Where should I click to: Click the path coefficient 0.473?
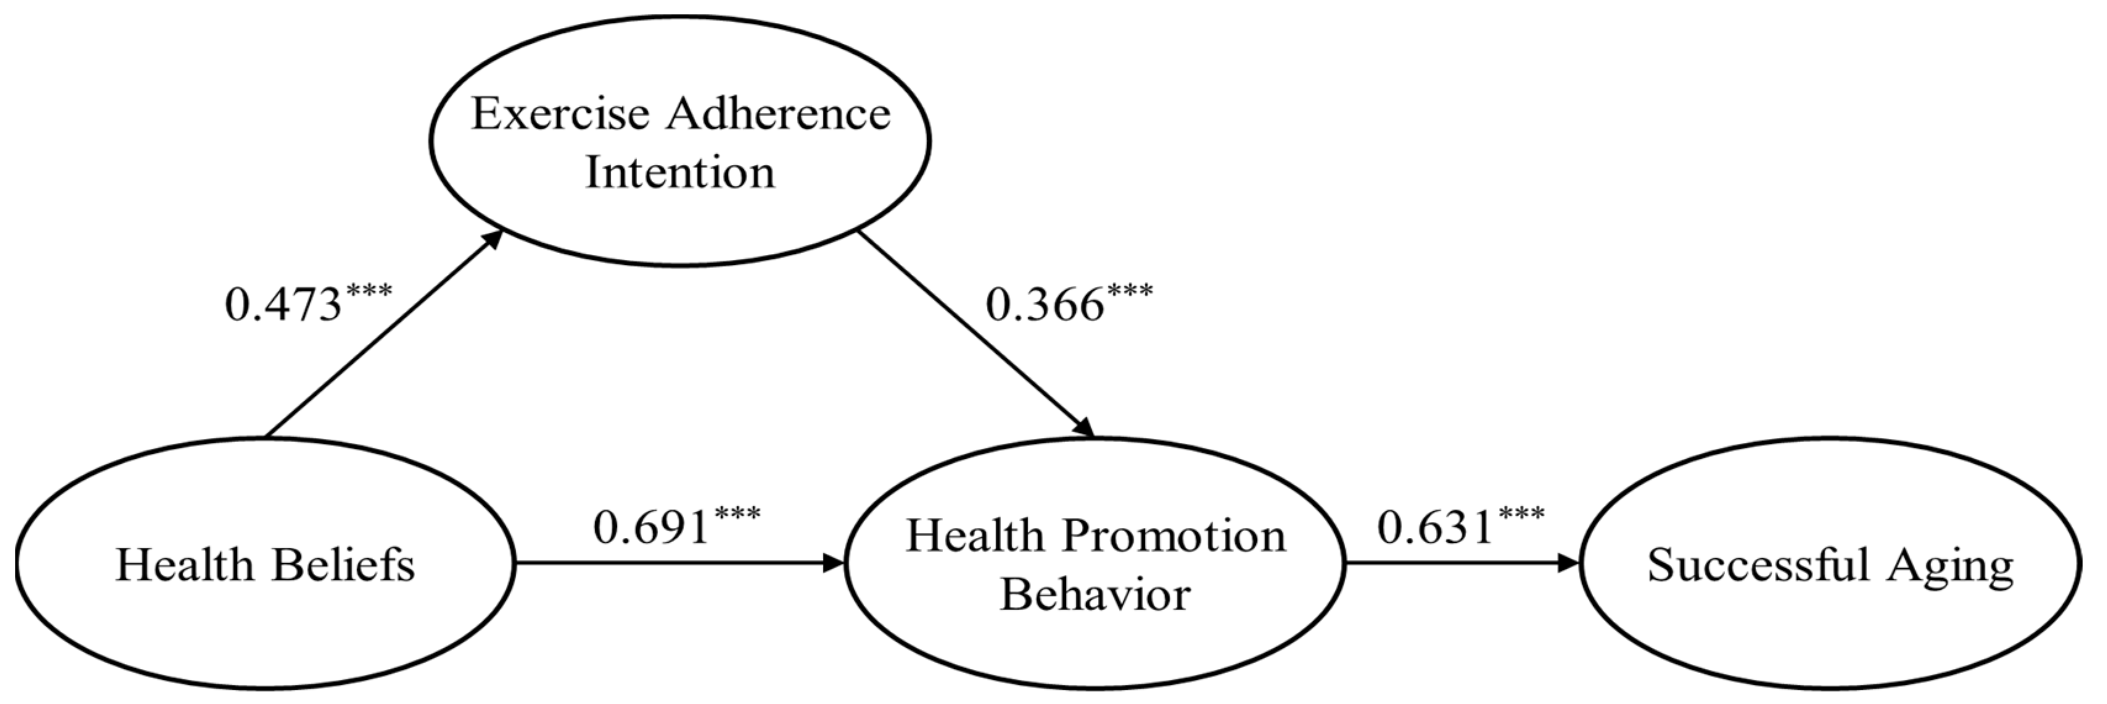point(283,305)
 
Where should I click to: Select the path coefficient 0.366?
point(1044,305)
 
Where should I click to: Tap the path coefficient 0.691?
point(651,528)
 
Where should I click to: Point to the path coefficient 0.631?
point(1435,527)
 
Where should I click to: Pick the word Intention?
point(680,173)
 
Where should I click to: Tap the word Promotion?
point(1174,536)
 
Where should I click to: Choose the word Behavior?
point(1095,594)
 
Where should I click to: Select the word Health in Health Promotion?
point(975,536)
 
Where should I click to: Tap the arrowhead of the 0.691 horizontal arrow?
point(835,563)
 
